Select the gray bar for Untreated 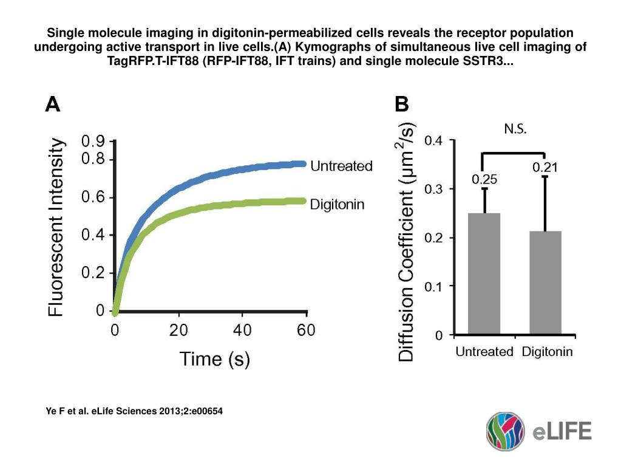click(x=484, y=273)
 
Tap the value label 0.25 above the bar click(x=484, y=180)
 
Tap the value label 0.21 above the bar click(x=545, y=168)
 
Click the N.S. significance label click(x=515, y=129)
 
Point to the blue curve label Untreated click(x=341, y=166)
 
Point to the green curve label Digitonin click(x=337, y=204)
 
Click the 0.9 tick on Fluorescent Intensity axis click(x=93, y=142)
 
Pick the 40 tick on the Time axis click(x=242, y=331)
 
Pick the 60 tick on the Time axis click(x=305, y=331)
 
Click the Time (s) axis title click(x=214, y=359)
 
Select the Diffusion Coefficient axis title click(x=407, y=243)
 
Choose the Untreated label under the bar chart click(x=484, y=351)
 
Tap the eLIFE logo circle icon click(x=506, y=431)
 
